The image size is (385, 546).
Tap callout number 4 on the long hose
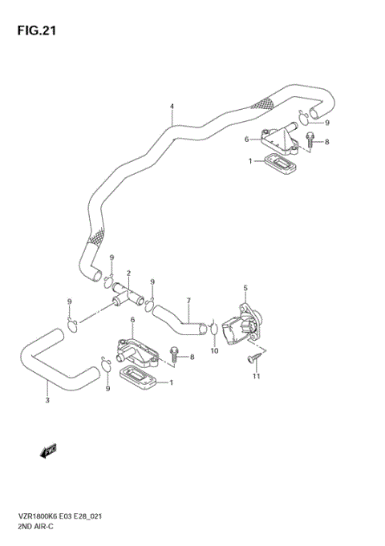[172, 107]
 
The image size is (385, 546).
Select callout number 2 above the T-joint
[128, 273]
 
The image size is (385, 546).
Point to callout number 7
[188, 301]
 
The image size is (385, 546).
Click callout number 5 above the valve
[245, 288]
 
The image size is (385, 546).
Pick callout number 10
[214, 350]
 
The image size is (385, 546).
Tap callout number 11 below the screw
[257, 376]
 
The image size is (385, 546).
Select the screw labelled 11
[255, 354]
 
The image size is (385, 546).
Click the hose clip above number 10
[213, 329]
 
